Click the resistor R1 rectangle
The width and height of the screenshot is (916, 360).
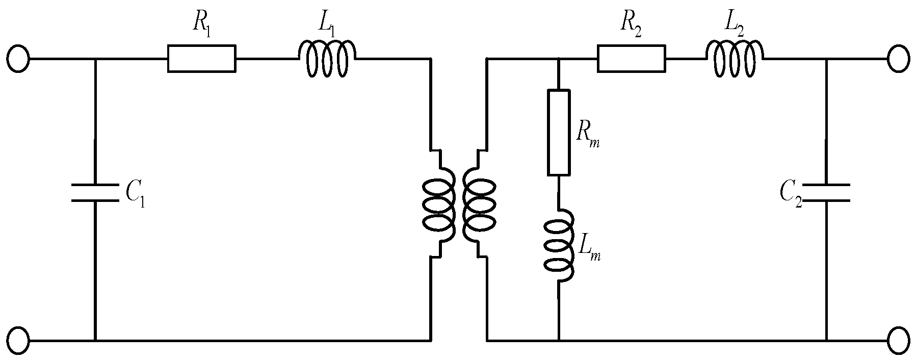pyautogui.click(x=201, y=59)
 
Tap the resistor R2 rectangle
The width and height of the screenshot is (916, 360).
pyautogui.click(x=631, y=59)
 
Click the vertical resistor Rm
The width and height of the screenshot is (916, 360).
pyautogui.click(x=559, y=133)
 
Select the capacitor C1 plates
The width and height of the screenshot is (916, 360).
pyautogui.click(x=95, y=192)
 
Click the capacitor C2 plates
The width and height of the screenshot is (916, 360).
pyautogui.click(x=826, y=192)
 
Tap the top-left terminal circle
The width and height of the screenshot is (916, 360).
pyautogui.click(x=18, y=59)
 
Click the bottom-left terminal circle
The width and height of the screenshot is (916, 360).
pyautogui.click(x=18, y=340)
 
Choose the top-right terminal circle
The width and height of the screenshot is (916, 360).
pyautogui.click(x=898, y=59)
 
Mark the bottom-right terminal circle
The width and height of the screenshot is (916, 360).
pyautogui.click(x=898, y=340)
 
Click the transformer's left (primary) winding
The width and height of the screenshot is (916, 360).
pyautogui.click(x=438, y=204)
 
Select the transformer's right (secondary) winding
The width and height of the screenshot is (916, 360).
pyautogui.click(x=479, y=204)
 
